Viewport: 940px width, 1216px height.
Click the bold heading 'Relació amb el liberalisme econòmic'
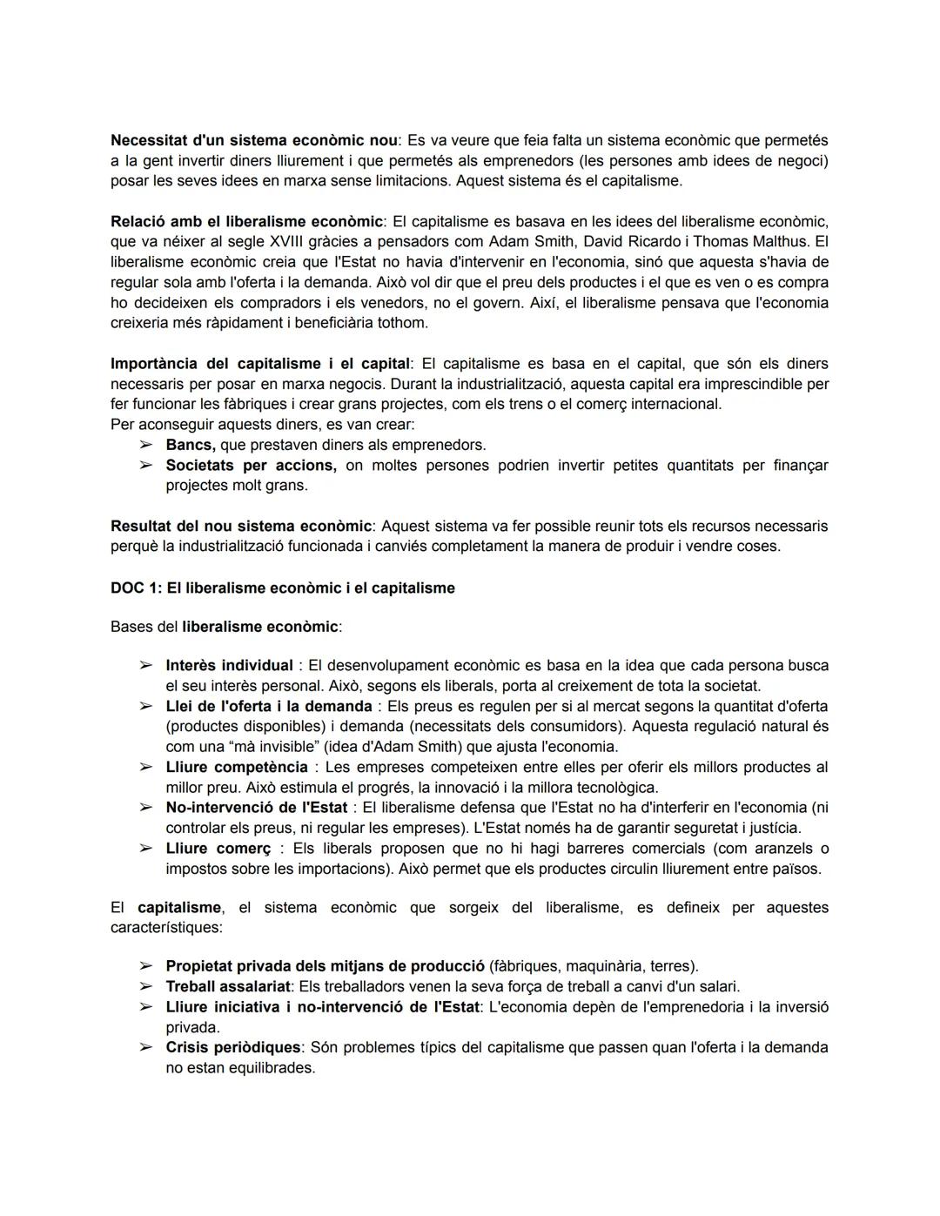pos(246,221)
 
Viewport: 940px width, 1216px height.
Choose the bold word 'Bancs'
pos(191,445)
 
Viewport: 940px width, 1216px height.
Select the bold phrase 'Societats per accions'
pos(251,465)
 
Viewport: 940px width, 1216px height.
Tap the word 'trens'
pos(578,404)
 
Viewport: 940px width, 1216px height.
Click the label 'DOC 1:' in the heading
pos(136,588)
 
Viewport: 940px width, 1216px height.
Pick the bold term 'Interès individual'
pos(229,665)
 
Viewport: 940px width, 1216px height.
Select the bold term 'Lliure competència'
pos(237,767)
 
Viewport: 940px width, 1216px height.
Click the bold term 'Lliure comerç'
pos(218,848)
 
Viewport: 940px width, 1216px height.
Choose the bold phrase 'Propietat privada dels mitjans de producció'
pos(325,965)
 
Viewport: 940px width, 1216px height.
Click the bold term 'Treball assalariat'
pos(229,986)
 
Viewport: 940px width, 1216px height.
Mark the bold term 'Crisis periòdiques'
pos(233,1047)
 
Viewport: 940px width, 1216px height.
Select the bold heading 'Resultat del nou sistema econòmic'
pos(241,526)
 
